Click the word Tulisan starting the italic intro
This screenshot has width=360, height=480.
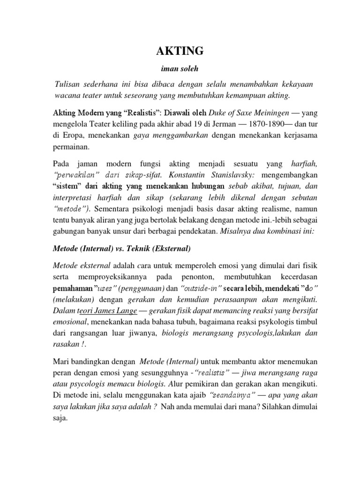click(x=71, y=83)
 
